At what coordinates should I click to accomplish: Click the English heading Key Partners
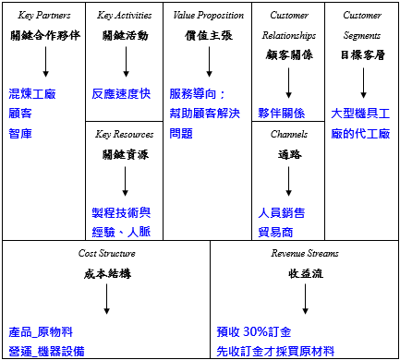(x=44, y=16)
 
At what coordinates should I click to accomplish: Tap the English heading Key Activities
(x=124, y=16)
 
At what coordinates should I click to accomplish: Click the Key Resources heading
(x=124, y=134)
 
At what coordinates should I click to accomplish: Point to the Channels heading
(x=288, y=134)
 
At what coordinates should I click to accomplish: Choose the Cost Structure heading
(x=107, y=253)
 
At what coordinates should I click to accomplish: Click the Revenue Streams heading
(x=304, y=253)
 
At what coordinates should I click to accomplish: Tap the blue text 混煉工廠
(x=31, y=94)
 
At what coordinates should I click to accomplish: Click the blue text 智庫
(x=19, y=133)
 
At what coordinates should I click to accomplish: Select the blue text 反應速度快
(x=122, y=94)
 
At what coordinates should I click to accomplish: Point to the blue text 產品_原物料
(x=41, y=331)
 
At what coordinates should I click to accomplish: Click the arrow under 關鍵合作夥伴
(x=44, y=63)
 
